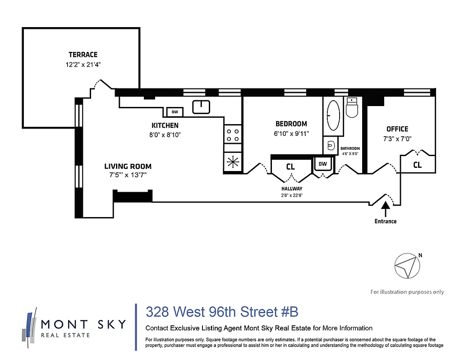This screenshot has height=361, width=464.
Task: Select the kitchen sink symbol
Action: [x=201, y=107]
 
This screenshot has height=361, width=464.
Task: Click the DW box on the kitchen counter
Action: [x=175, y=112]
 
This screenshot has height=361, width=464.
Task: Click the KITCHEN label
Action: [x=165, y=125]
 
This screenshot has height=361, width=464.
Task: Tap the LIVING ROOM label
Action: [x=128, y=166]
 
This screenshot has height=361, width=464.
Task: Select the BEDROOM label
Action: [x=291, y=124]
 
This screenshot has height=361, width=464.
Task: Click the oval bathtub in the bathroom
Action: [x=333, y=115]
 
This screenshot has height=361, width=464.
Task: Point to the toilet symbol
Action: [x=351, y=108]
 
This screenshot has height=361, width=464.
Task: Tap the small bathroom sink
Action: [x=330, y=146]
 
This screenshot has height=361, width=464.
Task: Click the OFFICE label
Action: [x=397, y=129]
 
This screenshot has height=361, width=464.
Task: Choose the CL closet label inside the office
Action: [x=418, y=165]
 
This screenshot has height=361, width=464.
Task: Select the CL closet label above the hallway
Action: [x=290, y=167]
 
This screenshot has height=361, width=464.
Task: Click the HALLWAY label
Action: [x=292, y=189]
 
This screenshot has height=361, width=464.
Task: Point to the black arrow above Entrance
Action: [x=385, y=209]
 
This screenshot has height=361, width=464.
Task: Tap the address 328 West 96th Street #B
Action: [x=222, y=312]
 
